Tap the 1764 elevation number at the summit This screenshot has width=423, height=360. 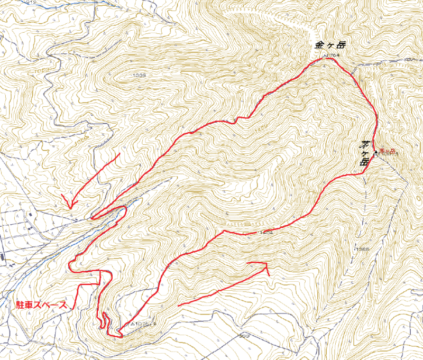pyautogui.click(x=330, y=55)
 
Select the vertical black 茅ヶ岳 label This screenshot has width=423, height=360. pyautogui.click(x=364, y=153)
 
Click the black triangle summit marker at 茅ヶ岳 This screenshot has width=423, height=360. pyautogui.click(x=376, y=153)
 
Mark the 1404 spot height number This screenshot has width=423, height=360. pyautogui.click(x=265, y=233)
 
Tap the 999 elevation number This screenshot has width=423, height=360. pyautogui.click(x=243, y=335)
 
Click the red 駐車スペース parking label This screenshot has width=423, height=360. pyautogui.click(x=40, y=306)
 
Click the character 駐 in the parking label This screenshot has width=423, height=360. pyautogui.click(x=16, y=306)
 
